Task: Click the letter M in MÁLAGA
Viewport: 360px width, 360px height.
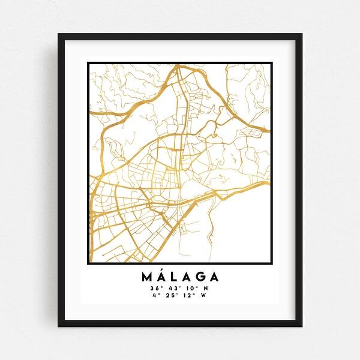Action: (x=148, y=277)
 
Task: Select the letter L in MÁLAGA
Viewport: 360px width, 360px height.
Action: (x=178, y=277)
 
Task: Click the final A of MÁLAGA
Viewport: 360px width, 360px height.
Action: (x=214, y=277)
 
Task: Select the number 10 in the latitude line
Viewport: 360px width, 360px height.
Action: (x=190, y=289)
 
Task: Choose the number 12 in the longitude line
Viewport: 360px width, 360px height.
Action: (x=188, y=295)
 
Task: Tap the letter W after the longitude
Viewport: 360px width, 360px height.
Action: (x=203, y=295)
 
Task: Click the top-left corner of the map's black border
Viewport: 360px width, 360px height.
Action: (x=88, y=62)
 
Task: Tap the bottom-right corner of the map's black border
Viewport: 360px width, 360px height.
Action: (x=272, y=263)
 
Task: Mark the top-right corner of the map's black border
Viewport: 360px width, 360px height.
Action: (x=272, y=62)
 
